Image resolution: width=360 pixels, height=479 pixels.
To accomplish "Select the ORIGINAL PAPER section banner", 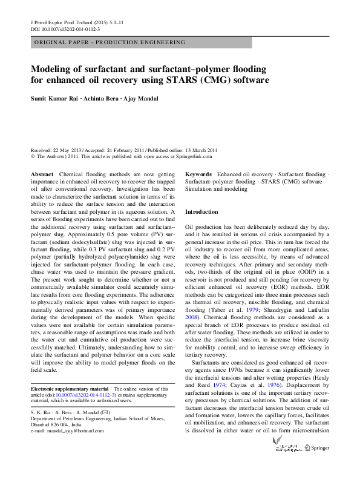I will pyautogui.click(x=110, y=42).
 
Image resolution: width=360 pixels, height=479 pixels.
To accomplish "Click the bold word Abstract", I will pyautogui.click(x=42, y=174).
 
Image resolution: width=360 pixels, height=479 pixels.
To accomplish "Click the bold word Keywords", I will pyautogui.click(x=198, y=174).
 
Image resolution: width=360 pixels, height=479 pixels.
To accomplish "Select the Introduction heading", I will pyautogui.click(x=201, y=212).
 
